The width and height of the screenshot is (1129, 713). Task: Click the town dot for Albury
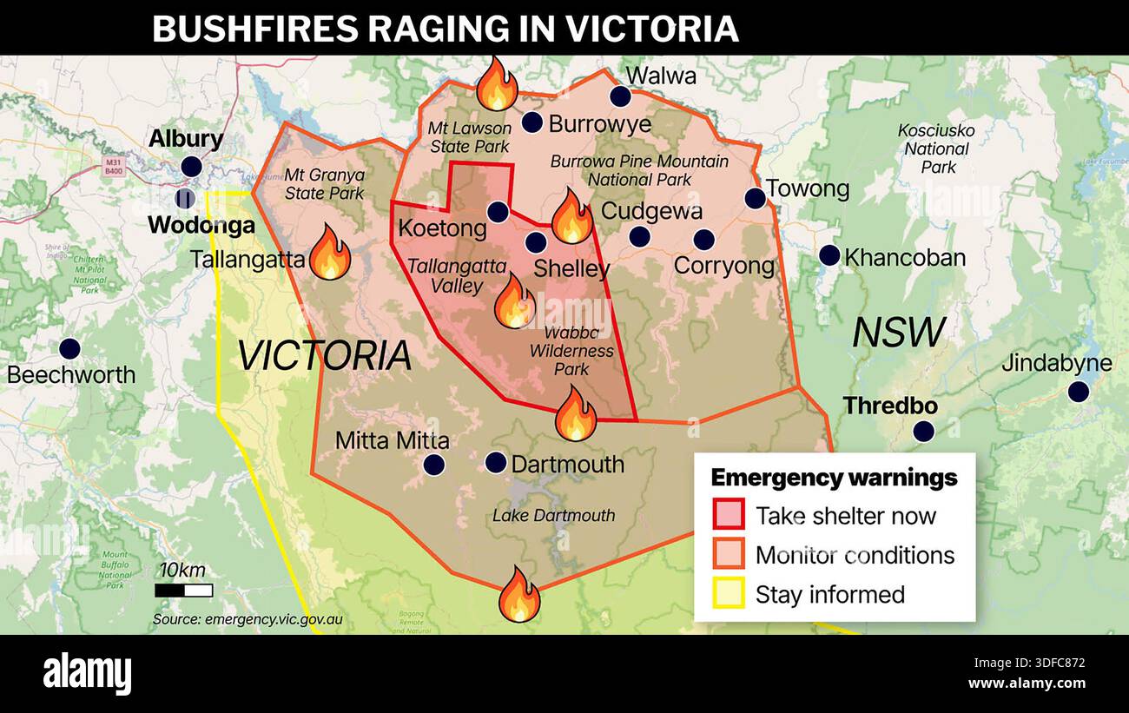pos(191,167)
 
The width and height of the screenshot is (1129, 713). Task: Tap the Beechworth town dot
pos(69,349)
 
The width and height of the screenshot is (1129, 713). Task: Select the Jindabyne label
pos(1056,363)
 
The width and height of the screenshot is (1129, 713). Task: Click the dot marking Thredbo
pos(924,431)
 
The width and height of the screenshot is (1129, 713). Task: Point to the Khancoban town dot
pos(829,255)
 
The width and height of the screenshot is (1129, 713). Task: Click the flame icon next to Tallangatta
pos(329,253)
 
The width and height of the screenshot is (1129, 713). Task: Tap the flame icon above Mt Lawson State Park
pos(497,84)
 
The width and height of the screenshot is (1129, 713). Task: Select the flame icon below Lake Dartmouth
pos(519,595)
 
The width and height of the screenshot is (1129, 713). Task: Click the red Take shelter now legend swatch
pos(728,515)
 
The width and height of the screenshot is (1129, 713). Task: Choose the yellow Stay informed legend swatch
pos(728,594)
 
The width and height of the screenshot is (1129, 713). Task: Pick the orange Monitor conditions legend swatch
pos(728,554)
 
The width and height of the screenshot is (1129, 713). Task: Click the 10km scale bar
pos(183,591)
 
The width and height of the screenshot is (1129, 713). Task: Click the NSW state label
pos(898,333)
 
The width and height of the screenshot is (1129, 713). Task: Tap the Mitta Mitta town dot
pos(433,465)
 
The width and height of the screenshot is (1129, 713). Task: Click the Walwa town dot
pos(619,96)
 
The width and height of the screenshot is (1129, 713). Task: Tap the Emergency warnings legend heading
pos(834,478)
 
